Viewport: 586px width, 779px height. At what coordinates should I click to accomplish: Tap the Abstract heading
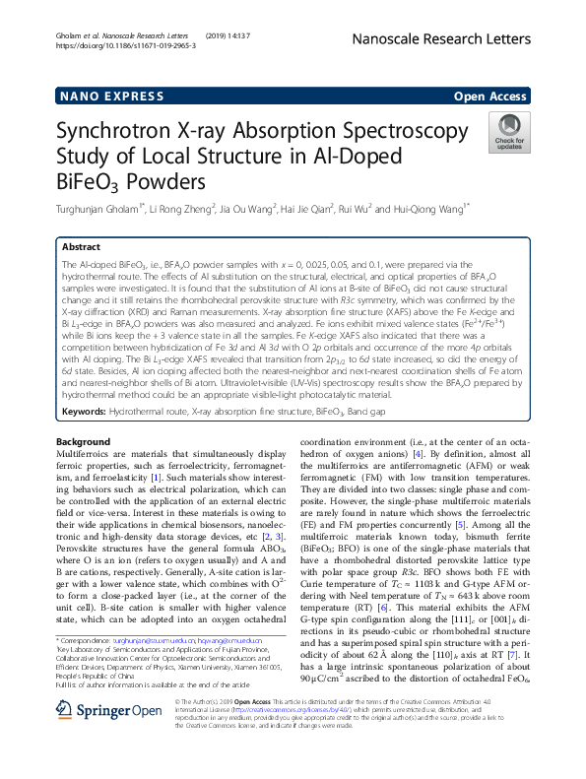(x=82, y=247)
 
